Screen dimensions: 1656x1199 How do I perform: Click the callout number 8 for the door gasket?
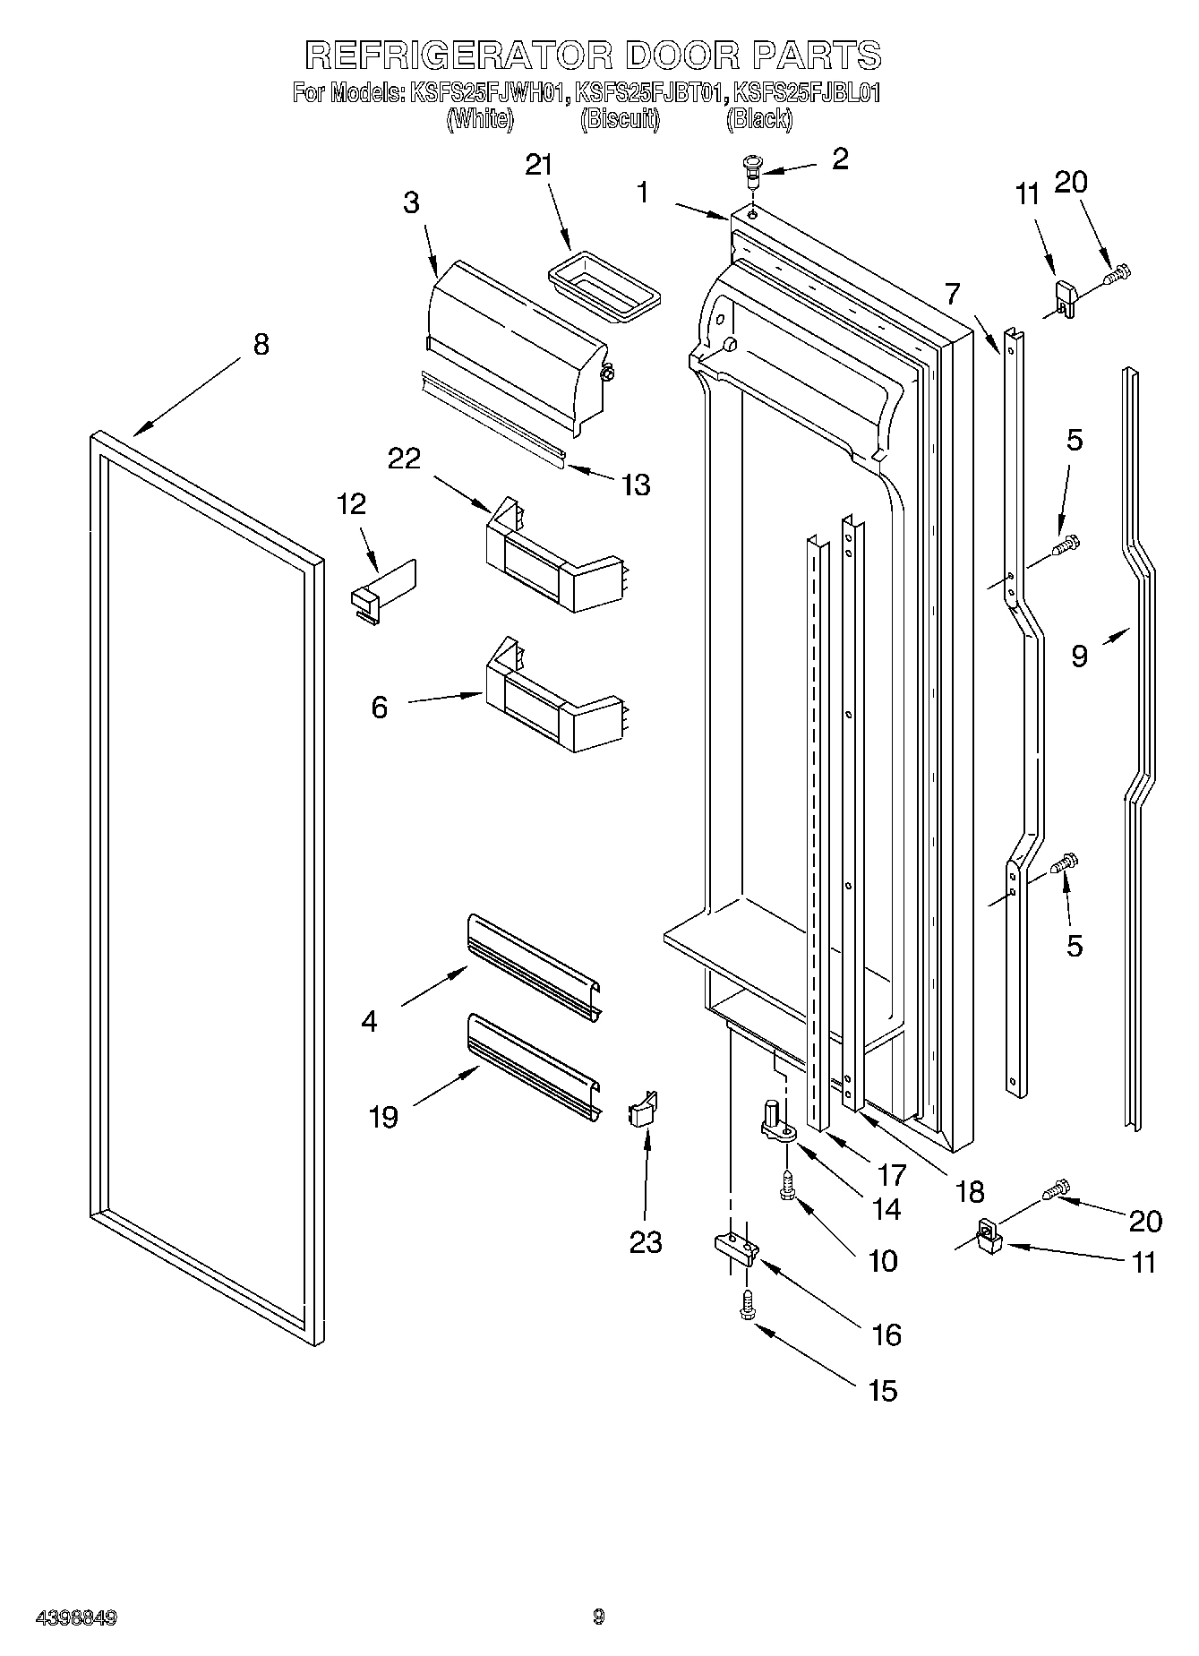coord(260,344)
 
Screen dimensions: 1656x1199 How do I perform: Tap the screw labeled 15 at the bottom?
coord(745,1306)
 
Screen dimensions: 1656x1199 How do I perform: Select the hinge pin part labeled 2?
coord(750,170)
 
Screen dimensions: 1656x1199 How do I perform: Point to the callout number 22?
coord(404,458)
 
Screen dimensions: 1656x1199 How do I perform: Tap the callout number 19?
coord(383,1118)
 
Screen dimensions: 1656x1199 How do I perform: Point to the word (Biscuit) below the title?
coord(620,119)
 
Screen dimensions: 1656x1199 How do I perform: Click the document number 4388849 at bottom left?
coord(76,1617)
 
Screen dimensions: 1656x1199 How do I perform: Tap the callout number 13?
coord(636,485)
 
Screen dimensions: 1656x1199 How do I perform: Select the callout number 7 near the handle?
coord(951,293)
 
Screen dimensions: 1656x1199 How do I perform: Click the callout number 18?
coord(969,1191)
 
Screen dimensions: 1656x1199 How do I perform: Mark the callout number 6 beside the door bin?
coord(380,708)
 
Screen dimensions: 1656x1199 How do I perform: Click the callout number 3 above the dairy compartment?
coord(410,202)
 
